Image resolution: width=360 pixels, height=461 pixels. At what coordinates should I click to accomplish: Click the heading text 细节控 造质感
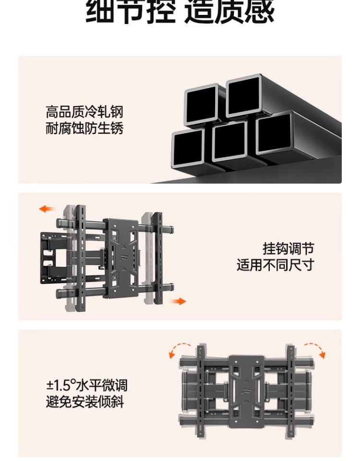click(180, 12)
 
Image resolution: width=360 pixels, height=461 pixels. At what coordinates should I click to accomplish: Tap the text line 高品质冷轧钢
click(84, 113)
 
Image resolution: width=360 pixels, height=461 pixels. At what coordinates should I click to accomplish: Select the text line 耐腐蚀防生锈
click(84, 129)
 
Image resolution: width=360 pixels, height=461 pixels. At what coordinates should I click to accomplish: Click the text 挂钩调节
click(288, 249)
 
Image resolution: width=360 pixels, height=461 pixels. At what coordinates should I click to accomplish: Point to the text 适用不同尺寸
click(275, 265)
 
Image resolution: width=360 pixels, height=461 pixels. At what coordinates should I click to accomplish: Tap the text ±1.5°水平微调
click(87, 386)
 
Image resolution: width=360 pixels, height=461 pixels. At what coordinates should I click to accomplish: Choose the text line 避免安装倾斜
click(85, 402)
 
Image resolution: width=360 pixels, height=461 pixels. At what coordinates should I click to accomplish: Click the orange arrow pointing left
click(47, 209)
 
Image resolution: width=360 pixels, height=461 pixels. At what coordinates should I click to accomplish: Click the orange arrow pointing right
click(179, 301)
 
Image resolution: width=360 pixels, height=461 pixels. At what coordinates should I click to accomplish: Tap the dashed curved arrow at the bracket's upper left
click(179, 350)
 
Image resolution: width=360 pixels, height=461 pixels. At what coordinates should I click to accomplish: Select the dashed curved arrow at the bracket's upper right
click(314, 349)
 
